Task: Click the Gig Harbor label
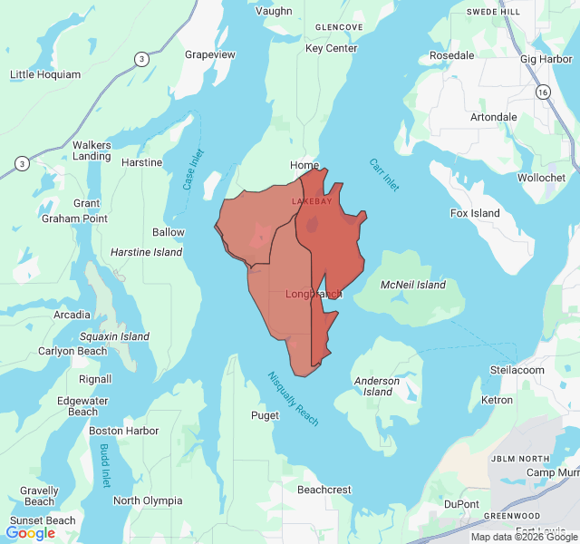coord(546,59)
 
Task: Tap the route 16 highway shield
coord(542,92)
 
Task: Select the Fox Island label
coord(475,213)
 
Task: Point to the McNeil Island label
coord(413,285)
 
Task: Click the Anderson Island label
coord(376,386)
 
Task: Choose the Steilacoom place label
coord(517,370)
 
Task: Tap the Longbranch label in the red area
coord(314,294)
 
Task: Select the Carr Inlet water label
coord(383,175)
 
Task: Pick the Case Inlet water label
coord(192,169)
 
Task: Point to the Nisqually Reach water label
coord(293,399)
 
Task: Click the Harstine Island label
coord(147,252)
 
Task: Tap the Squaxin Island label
coord(114,336)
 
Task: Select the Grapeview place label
coord(210,54)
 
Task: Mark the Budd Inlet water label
coord(104,466)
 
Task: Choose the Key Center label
coord(332,48)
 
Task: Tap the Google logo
coord(31,533)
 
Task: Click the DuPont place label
coord(461,503)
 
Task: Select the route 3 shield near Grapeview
coord(141,59)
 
